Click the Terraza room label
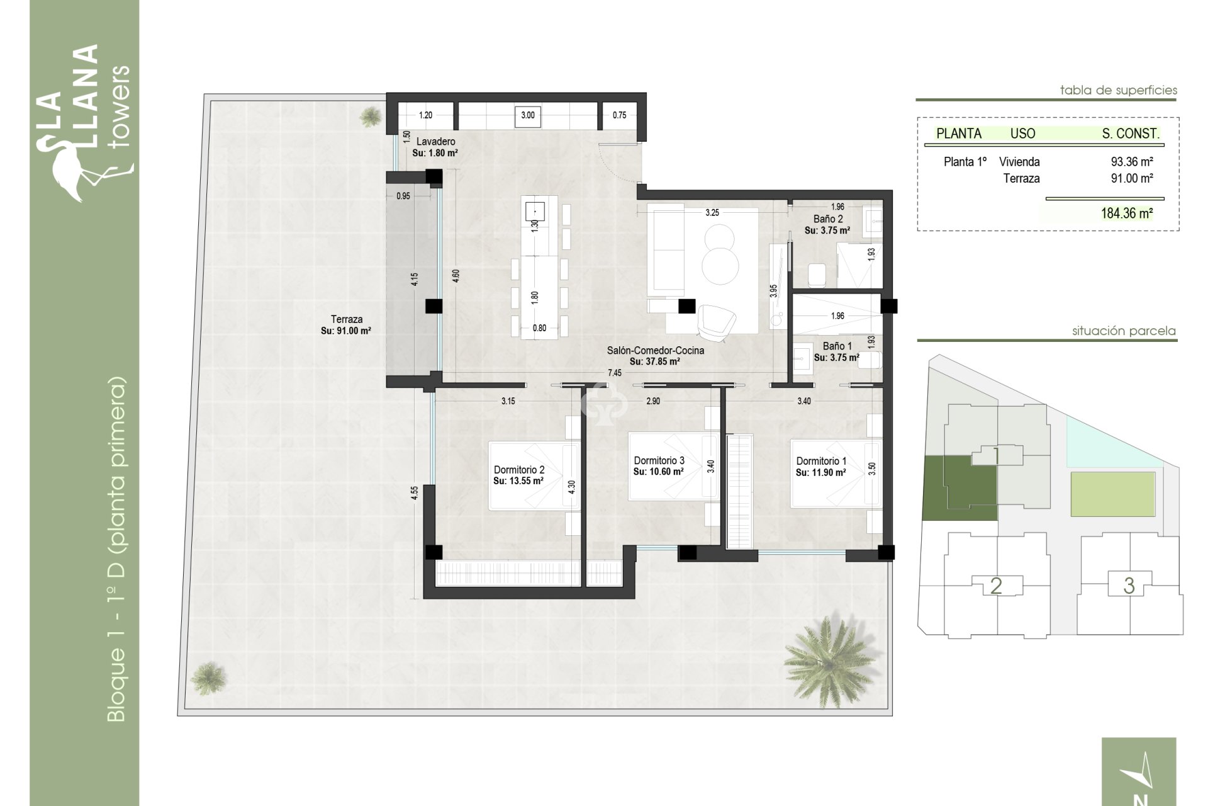tap(346, 320)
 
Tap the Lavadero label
tap(435, 142)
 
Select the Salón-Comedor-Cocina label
tap(655, 351)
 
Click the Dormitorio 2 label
tap(518, 470)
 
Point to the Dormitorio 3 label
tap(659, 461)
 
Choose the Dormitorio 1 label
tap(820, 462)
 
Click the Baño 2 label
tap(827, 219)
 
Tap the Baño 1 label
tap(837, 346)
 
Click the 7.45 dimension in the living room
tap(614, 373)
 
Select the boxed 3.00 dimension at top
tap(528, 115)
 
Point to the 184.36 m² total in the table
tap(1126, 213)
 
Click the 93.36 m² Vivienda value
tap(1131, 162)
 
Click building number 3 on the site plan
tap(1129, 586)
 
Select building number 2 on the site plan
tap(996, 586)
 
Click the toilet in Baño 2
tap(816, 275)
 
